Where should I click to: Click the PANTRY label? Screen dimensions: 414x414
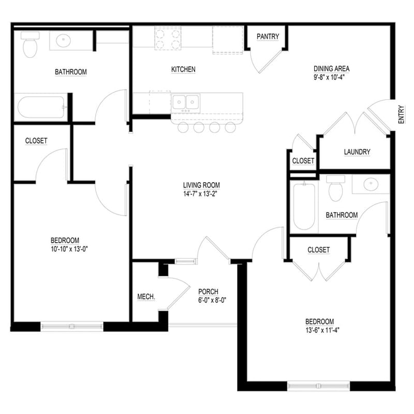click(268, 37)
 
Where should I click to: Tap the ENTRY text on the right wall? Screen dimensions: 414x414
click(402, 114)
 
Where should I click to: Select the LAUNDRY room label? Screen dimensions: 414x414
click(357, 152)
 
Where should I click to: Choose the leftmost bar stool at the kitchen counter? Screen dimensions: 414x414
click(184, 127)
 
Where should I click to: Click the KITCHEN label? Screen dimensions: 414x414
click(183, 69)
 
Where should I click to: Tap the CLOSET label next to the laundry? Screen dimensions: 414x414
click(303, 161)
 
